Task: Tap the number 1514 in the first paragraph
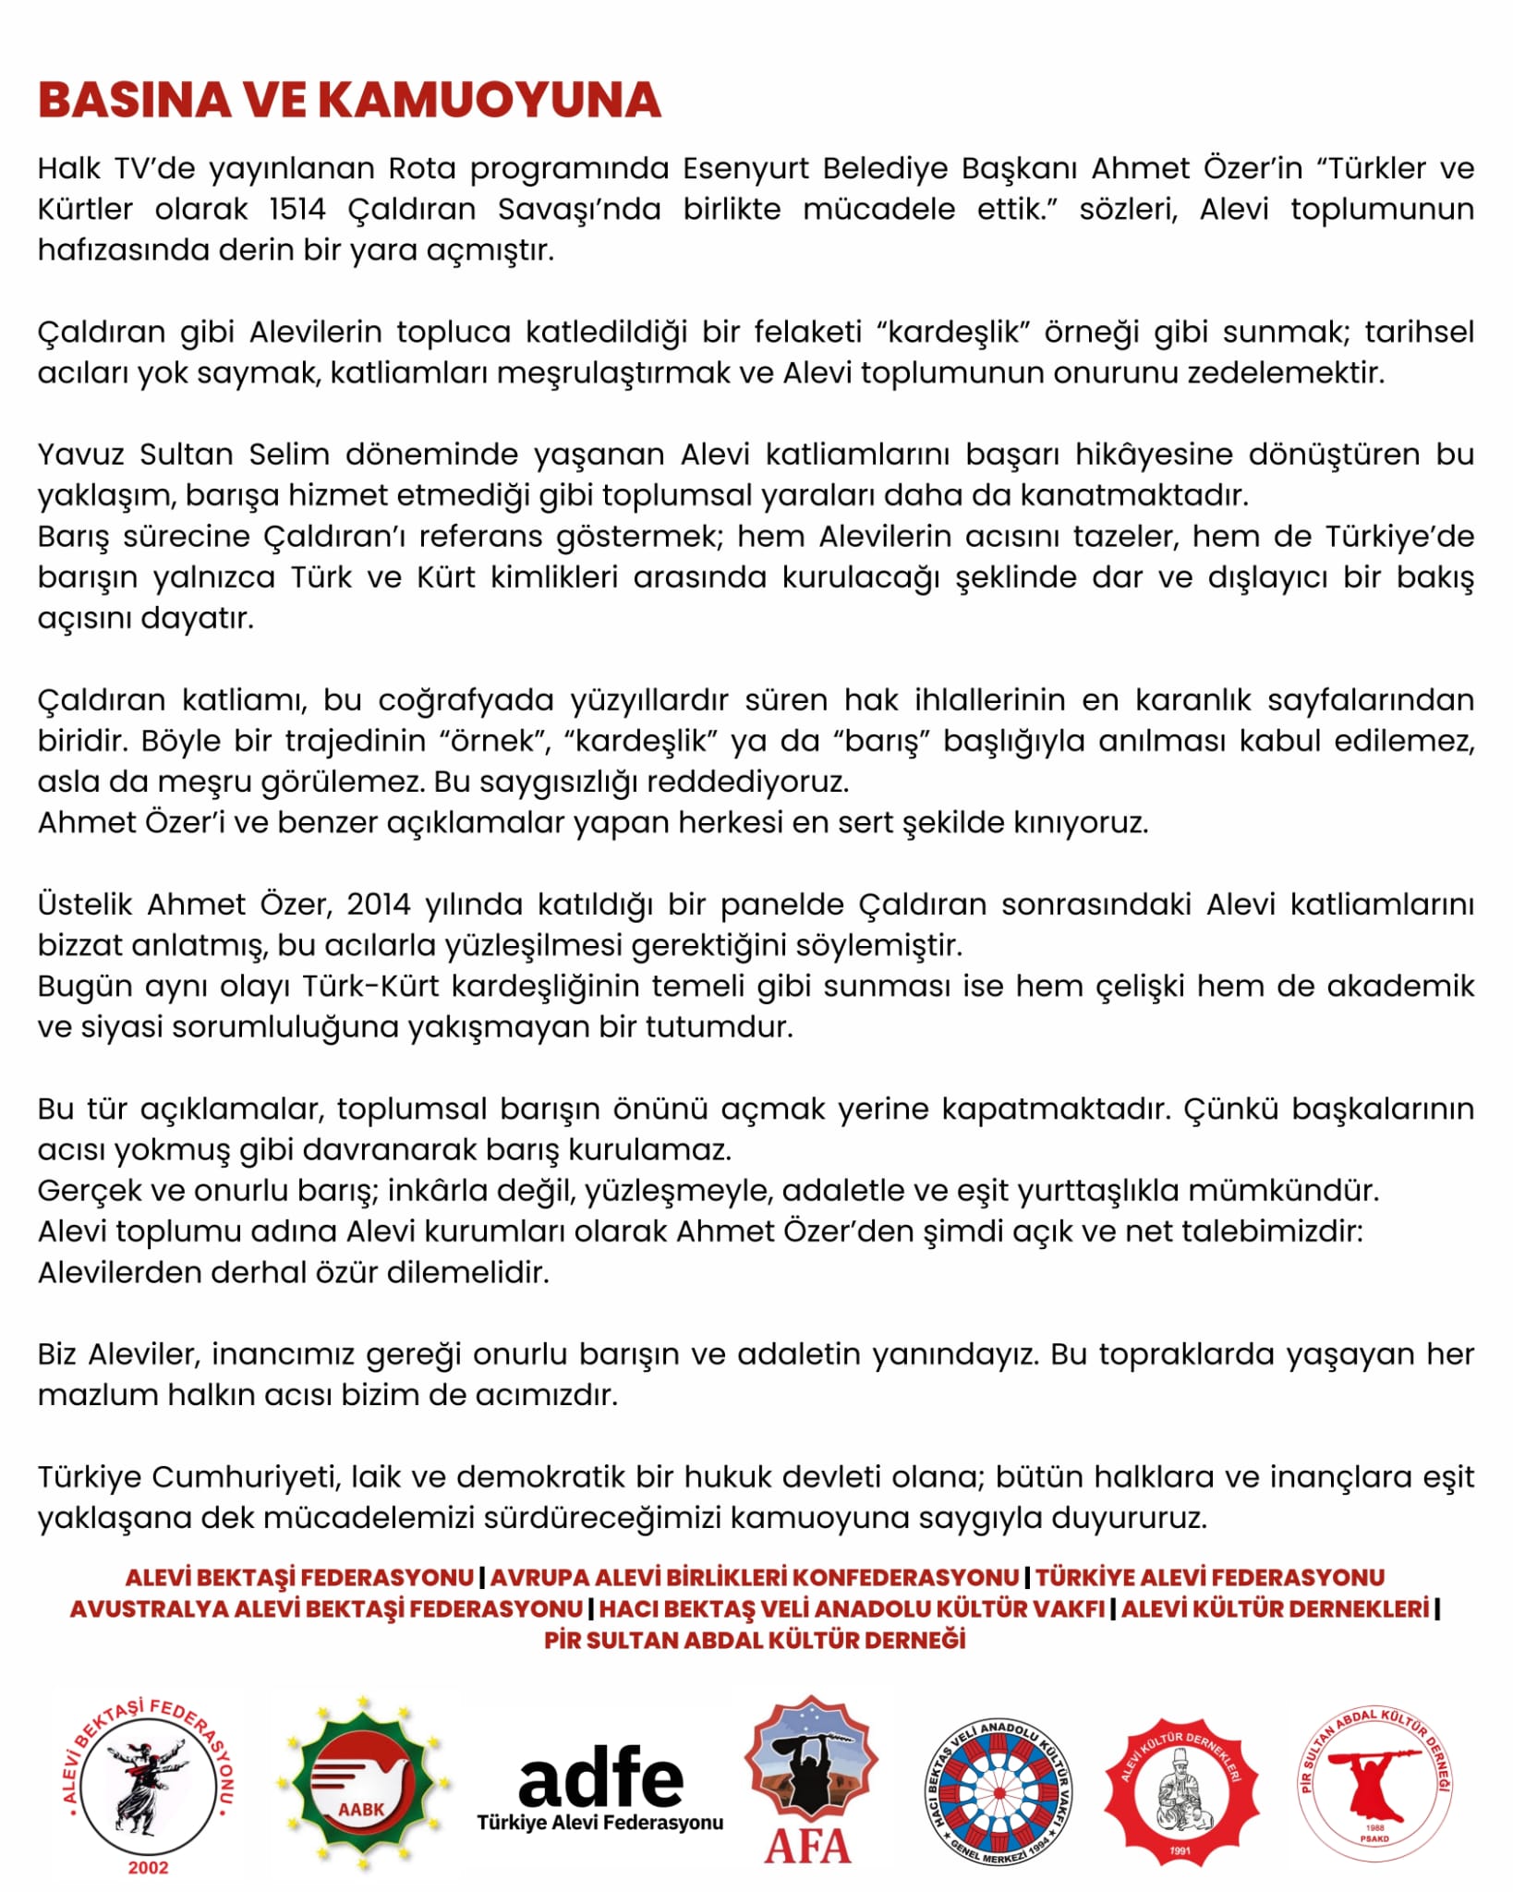(297, 210)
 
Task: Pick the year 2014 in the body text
(379, 904)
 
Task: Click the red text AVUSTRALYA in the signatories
(149, 1609)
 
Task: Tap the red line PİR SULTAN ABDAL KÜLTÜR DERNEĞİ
(755, 1641)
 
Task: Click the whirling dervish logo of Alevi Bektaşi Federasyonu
(148, 1778)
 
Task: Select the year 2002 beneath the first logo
(148, 1867)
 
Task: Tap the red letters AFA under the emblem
(807, 1848)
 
